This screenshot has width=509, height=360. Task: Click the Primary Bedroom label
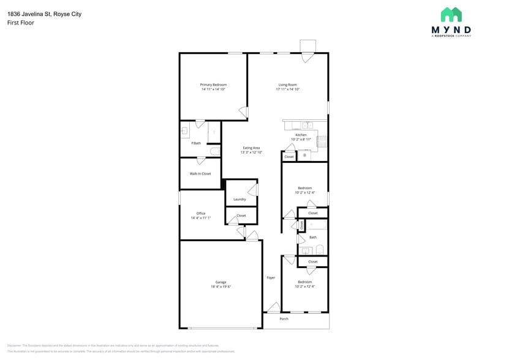(x=213, y=84)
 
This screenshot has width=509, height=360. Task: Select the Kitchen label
(x=301, y=135)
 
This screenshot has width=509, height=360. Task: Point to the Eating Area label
(x=251, y=148)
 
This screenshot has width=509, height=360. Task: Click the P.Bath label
(x=196, y=143)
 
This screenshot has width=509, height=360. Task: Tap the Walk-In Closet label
(x=200, y=173)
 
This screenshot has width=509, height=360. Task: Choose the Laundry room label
(x=239, y=199)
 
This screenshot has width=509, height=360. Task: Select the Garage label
(x=221, y=282)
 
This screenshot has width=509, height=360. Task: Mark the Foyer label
(x=271, y=278)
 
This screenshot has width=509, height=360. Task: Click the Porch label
(x=284, y=319)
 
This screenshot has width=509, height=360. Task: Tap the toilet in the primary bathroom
(x=215, y=151)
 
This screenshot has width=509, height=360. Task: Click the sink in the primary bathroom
(x=184, y=130)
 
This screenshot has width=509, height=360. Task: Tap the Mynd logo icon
(x=452, y=15)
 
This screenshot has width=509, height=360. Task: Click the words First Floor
(x=20, y=23)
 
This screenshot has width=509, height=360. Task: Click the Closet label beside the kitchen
(x=288, y=157)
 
